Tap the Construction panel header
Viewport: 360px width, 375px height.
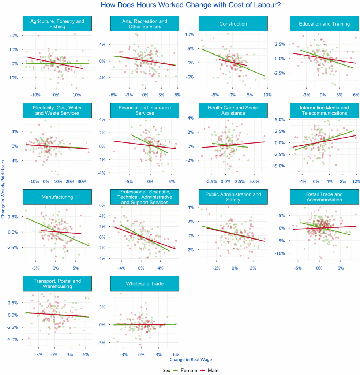233,24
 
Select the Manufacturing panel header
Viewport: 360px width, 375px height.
57,197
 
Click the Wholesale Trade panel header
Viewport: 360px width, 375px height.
145,283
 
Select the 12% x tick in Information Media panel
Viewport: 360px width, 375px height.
355,181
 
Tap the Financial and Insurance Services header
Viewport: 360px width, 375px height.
145,110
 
